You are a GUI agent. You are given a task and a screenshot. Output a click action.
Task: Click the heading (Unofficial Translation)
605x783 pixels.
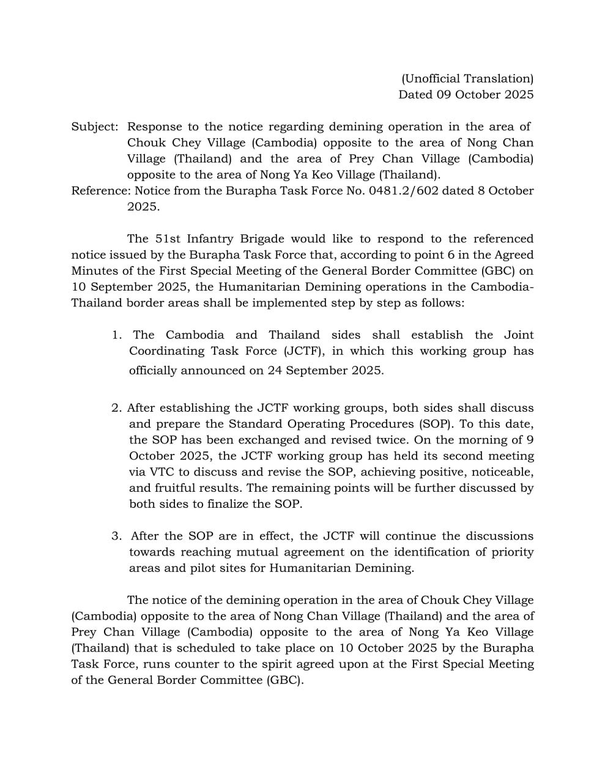[467, 78]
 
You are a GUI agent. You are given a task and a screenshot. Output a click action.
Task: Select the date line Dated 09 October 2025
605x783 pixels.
[466, 94]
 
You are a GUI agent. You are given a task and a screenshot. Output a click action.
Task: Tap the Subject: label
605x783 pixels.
[95, 127]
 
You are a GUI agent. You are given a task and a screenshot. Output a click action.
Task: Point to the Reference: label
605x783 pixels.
[100, 190]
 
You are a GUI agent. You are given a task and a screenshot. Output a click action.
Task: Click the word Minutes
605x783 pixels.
[94, 270]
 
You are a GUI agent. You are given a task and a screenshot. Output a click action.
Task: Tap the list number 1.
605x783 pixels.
[117, 335]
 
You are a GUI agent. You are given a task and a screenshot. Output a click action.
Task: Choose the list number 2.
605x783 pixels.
[116, 408]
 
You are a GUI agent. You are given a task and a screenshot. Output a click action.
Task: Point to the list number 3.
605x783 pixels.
[116, 536]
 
